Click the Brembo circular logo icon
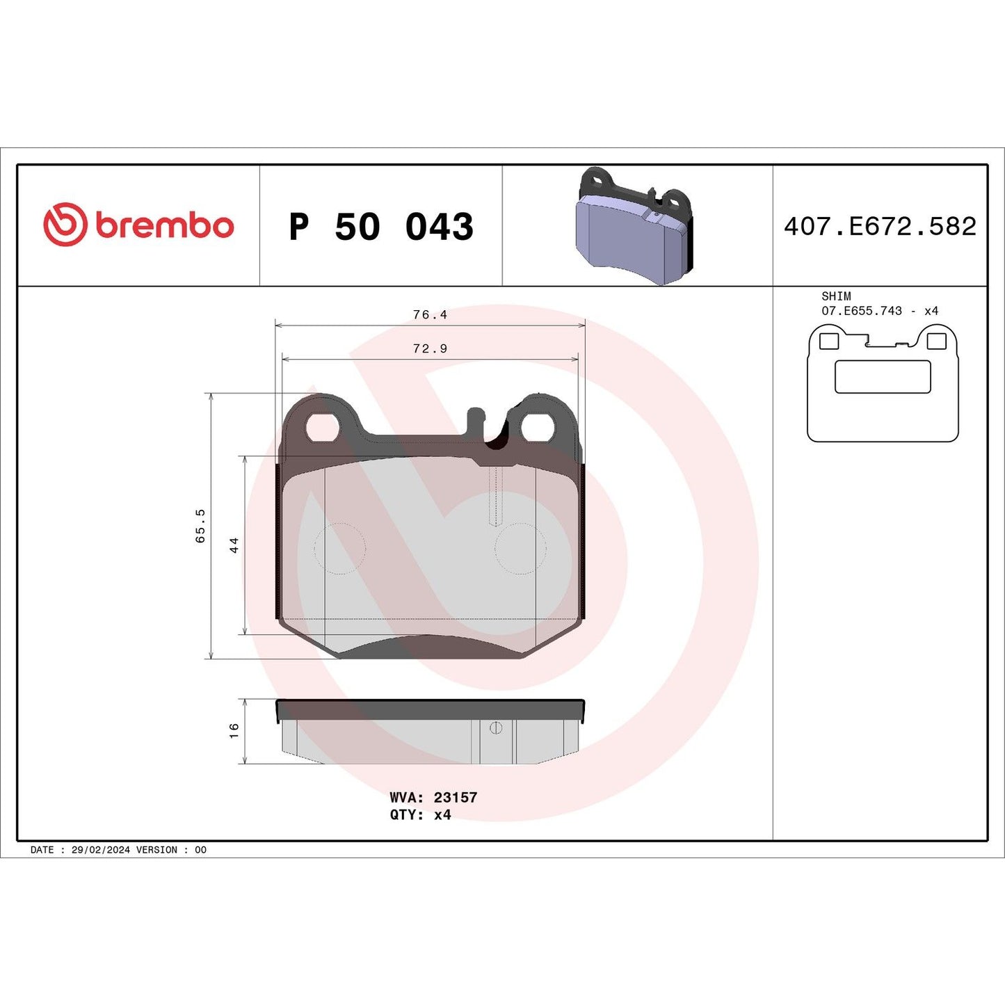pos(65,225)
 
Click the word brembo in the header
pos(164,226)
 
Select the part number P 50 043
pos(381,227)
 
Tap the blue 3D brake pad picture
pos(634,227)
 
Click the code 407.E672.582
pos(880,227)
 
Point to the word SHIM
pos(836,296)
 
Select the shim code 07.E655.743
pos(862,311)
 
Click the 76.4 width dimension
pos(430,315)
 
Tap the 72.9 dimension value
pos(430,349)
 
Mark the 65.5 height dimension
pos(200,525)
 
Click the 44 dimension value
pos(234,545)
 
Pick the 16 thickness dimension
pos(234,730)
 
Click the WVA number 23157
pos(456,798)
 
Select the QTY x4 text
pos(420,814)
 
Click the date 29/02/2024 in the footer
pos(100,850)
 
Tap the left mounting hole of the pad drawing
pos(322,427)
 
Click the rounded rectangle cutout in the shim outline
pos(883,377)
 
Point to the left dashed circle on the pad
pos(340,549)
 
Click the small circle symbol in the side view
pos(496,727)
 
